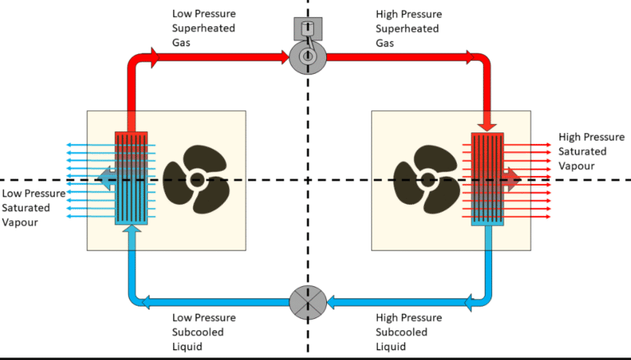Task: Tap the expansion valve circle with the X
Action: (307, 301)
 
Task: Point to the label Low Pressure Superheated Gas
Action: (204, 28)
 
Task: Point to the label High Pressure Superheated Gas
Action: (408, 28)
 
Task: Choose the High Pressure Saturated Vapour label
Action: (583, 151)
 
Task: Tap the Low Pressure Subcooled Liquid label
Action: (204, 331)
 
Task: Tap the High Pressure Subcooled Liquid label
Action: (408, 331)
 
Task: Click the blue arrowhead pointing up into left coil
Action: (130, 231)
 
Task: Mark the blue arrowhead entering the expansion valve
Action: (335, 302)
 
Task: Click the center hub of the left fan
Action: (196, 180)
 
